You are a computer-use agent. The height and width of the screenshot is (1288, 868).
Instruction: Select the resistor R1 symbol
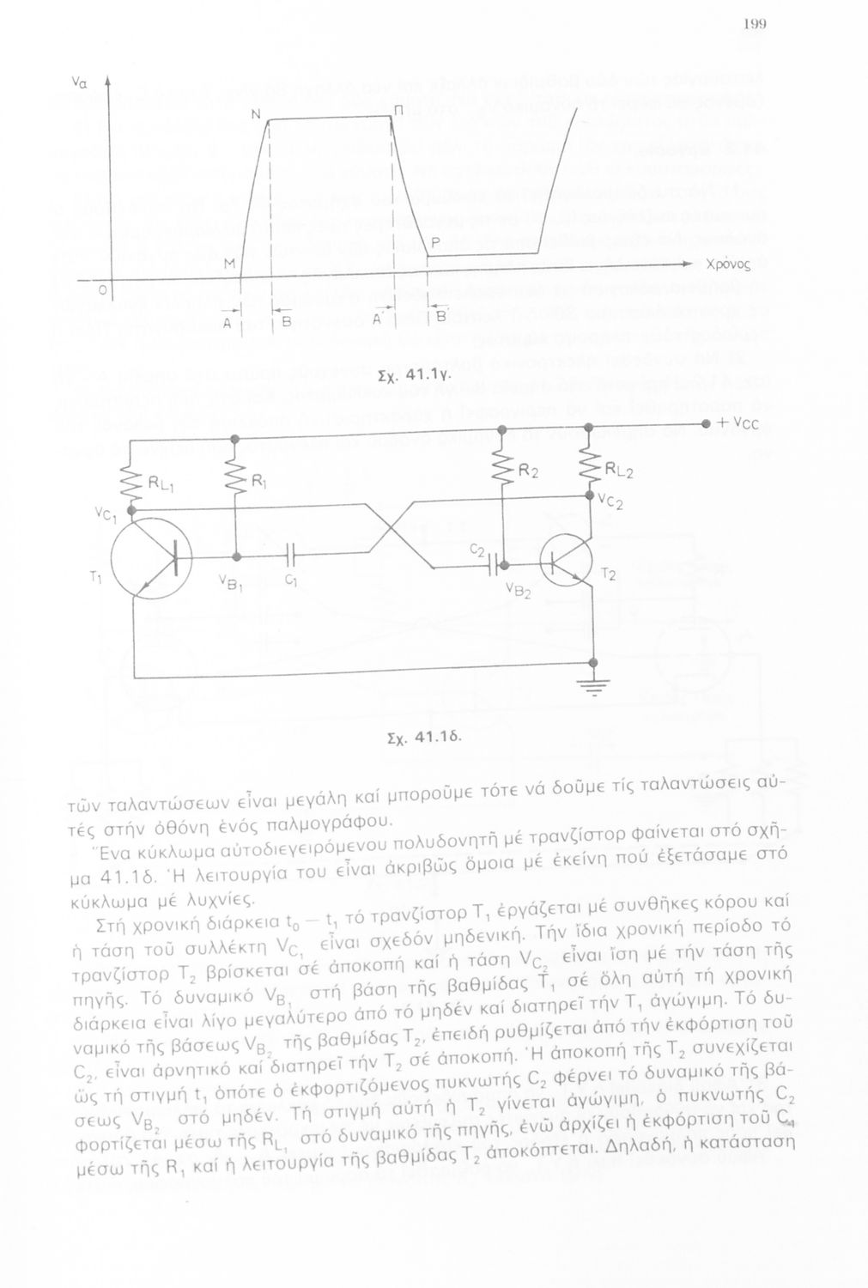(x=234, y=482)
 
